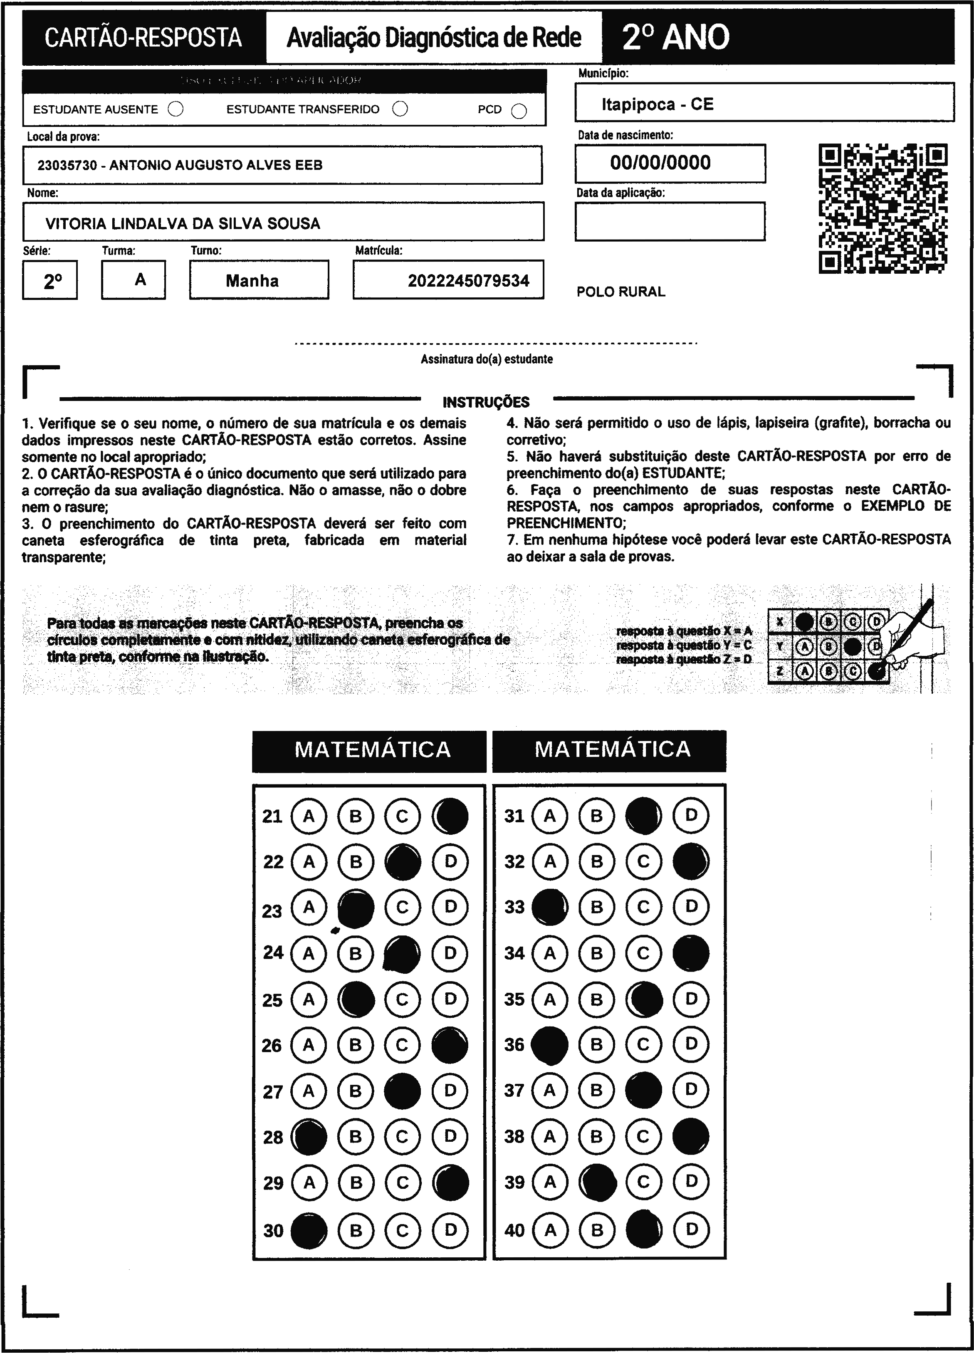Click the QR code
pos(883,208)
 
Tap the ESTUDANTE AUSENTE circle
pos(176,109)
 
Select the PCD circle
pos(519,111)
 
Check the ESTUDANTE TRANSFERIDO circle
pos(400,109)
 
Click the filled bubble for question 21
pos(450,816)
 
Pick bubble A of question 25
pos(308,999)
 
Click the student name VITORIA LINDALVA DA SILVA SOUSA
pos(183,224)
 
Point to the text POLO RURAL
pos(620,292)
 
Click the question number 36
pos(514,1044)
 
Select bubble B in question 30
pos(356,1230)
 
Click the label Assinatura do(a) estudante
pos(486,359)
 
